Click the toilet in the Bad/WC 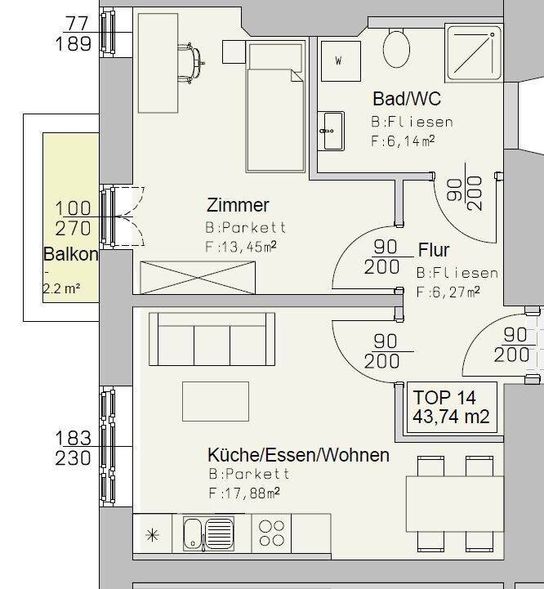click(x=396, y=49)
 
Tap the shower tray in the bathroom click(x=474, y=52)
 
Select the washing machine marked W click(x=341, y=60)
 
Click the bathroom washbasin click(x=331, y=131)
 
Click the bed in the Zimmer click(x=275, y=107)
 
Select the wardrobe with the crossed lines click(x=198, y=278)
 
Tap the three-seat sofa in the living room click(x=212, y=339)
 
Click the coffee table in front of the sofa click(x=216, y=401)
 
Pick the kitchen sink click(x=208, y=533)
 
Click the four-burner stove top click(x=271, y=533)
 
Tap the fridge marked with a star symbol click(x=153, y=533)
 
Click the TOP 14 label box click(x=452, y=407)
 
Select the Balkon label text click(x=70, y=254)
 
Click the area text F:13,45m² click(x=241, y=247)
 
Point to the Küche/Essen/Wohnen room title click(x=298, y=455)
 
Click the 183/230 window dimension click(x=74, y=448)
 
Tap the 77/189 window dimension click(x=74, y=33)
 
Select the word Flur click(x=434, y=250)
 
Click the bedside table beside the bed click(x=234, y=51)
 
